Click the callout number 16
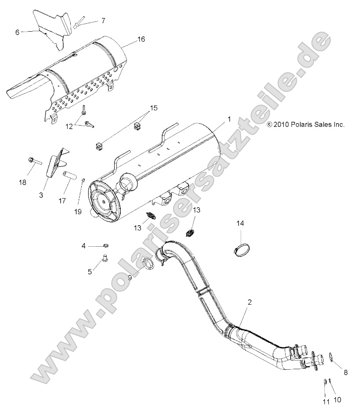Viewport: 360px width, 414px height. pos(140,40)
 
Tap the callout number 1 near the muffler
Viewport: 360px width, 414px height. pos(229,119)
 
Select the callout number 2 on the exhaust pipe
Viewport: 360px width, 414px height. pos(249,302)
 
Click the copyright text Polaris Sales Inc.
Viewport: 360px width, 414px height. pos(306,125)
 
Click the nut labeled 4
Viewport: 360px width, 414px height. pos(106,244)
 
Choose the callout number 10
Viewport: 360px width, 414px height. pos(337,400)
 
